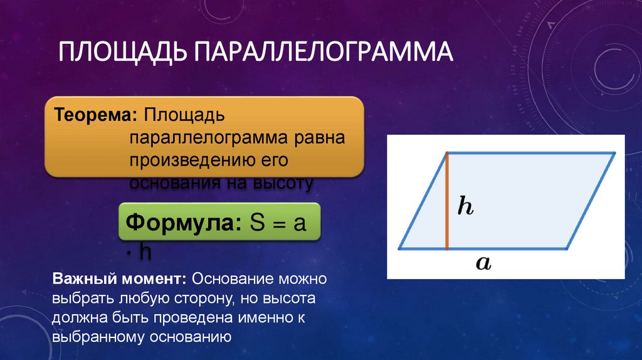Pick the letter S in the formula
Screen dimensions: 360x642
point(257,223)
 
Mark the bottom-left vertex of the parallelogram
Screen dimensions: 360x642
point(400,248)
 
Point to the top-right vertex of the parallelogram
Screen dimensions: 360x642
point(615,152)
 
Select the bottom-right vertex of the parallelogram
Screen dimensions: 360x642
point(567,248)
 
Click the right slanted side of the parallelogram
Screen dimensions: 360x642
point(591,201)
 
